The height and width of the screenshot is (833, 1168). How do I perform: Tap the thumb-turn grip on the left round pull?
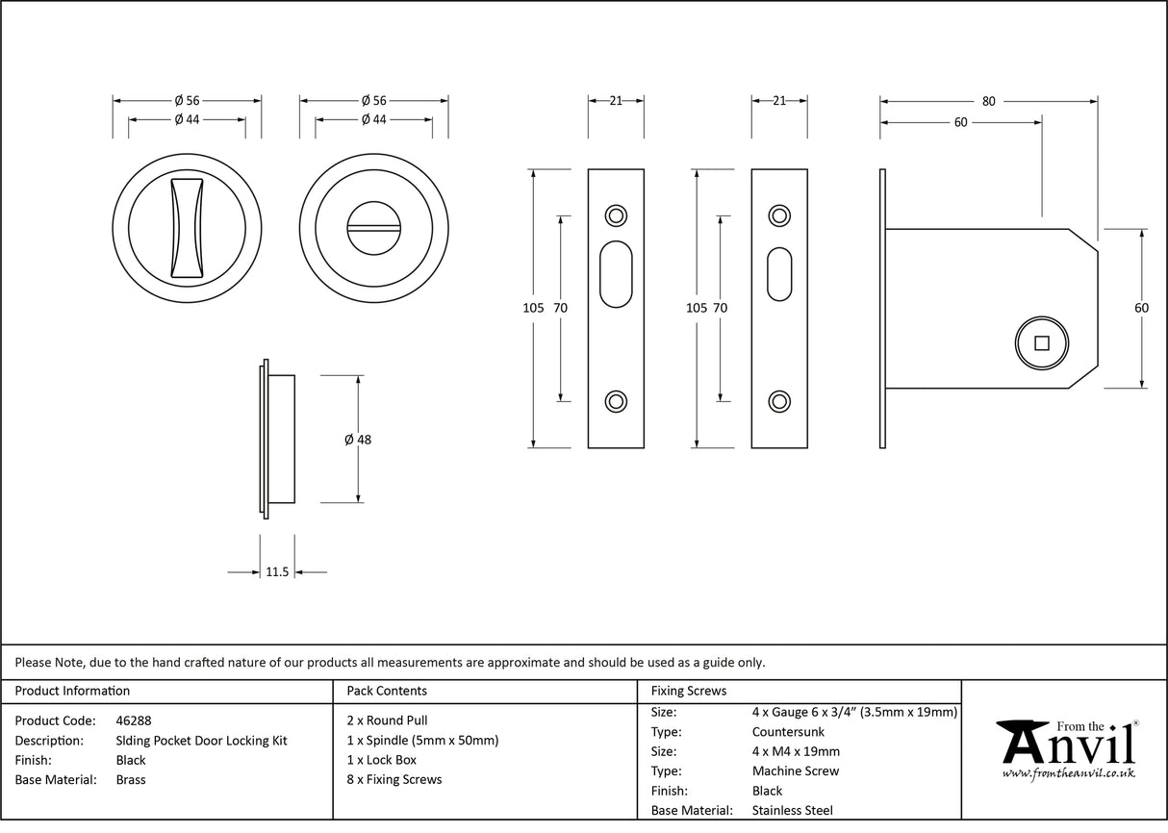point(187,228)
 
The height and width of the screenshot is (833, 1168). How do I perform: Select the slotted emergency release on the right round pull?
point(373,228)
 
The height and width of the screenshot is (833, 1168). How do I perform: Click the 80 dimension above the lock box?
point(988,101)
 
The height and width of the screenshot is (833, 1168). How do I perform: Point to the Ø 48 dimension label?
point(358,440)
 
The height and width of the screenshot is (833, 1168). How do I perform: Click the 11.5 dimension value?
point(276,572)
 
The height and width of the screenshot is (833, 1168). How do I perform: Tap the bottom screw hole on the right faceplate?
point(779,401)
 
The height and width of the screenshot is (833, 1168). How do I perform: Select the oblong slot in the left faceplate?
point(616,275)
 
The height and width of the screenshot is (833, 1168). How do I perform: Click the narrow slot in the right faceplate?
point(779,275)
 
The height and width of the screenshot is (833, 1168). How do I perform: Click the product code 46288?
point(133,720)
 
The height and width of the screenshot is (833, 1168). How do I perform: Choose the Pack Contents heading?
point(387,691)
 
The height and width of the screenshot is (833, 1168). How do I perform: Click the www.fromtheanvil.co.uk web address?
point(1068,772)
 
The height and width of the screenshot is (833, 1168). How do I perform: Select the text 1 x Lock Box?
point(381,760)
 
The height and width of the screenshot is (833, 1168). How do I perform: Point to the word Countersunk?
point(789,732)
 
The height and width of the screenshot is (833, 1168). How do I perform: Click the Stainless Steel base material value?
point(793,811)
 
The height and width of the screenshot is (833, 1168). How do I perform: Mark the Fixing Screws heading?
point(689,691)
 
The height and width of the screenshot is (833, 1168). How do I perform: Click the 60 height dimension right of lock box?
point(1141,308)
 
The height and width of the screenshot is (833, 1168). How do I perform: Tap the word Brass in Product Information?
point(131,780)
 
